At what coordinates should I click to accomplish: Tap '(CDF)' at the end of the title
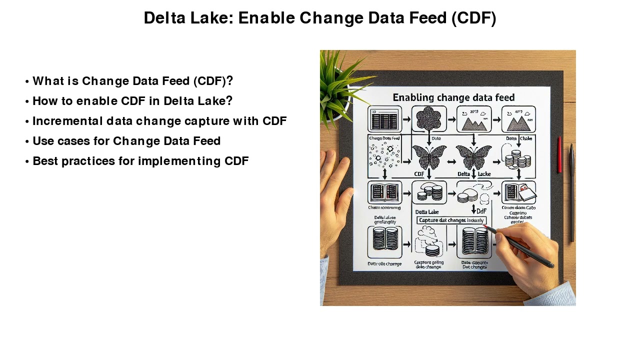[x=473, y=18]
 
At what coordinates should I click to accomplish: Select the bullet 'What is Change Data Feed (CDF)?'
[x=132, y=81]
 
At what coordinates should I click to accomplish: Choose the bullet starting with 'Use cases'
[x=126, y=141]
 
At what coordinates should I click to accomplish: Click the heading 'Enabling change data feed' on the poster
[x=453, y=97]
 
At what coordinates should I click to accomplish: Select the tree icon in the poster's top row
[x=428, y=119]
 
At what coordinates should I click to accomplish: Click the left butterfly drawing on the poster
[x=428, y=157]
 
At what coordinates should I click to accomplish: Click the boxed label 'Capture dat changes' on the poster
[x=451, y=220]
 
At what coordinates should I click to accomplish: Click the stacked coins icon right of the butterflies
[x=517, y=159]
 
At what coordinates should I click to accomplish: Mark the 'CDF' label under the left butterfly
[x=419, y=174]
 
